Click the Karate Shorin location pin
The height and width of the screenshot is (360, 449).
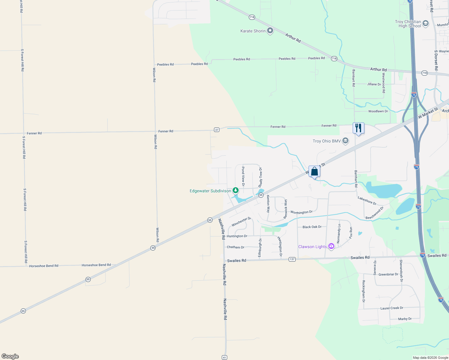pos(270,31)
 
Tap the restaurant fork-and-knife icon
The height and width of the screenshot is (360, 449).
pos(358,128)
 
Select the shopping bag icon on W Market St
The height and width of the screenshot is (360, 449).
pos(314,172)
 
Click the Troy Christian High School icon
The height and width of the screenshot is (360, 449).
pos(426,23)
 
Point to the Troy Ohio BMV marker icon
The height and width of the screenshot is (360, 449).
pos(345,141)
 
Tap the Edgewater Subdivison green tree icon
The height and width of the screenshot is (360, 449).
pos(236,190)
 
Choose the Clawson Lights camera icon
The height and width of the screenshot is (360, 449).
pos(331,246)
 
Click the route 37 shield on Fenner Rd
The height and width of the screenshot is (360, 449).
pos(217,130)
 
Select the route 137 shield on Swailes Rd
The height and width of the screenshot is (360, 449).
pos(292,259)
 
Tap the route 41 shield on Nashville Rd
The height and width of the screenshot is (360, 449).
pos(224,357)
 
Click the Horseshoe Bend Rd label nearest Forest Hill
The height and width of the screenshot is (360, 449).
pos(44,266)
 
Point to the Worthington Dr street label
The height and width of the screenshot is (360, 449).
pos(301,212)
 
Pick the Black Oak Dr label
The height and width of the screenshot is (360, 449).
pos(312,227)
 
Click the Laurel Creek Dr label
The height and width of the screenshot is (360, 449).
pos(392,308)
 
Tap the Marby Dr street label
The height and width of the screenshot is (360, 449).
pos(405,319)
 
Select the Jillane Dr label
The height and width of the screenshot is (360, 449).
pos(374,84)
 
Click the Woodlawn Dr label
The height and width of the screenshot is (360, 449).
pos(378,111)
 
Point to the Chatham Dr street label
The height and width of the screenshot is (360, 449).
pos(236,247)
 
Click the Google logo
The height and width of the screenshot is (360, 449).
pos(10,356)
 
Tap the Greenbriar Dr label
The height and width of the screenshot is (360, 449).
pos(388,274)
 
